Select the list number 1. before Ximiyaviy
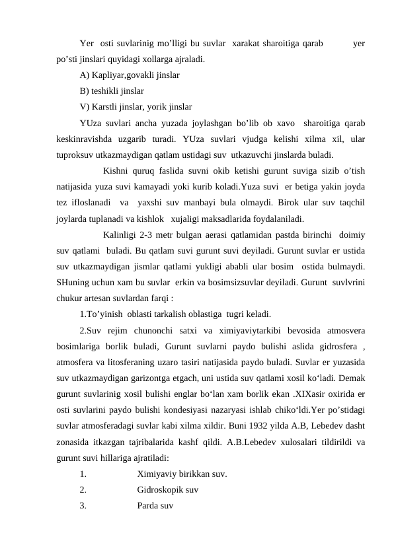pos(82,473)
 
